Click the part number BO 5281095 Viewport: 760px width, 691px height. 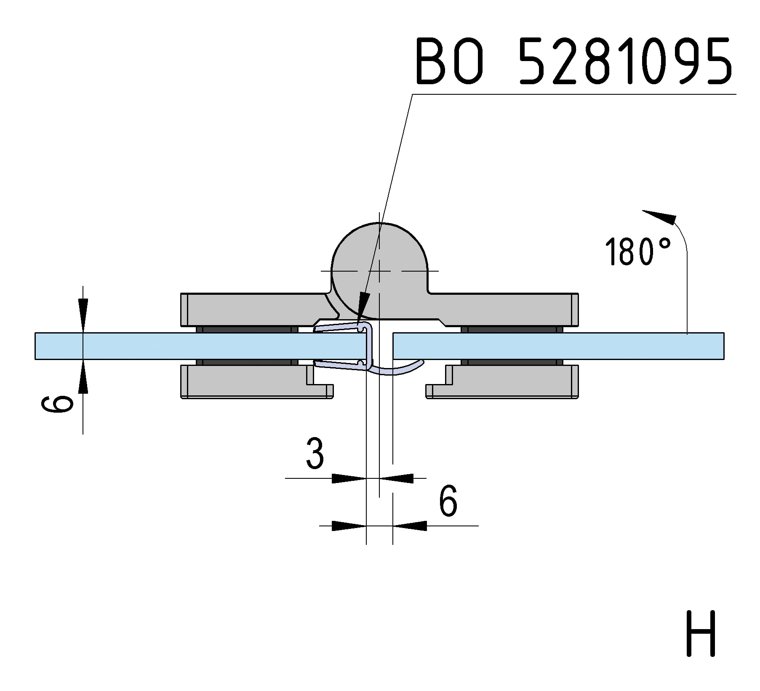574,61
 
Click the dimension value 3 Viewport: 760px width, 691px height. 315,453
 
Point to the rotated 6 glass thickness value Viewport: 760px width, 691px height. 57,404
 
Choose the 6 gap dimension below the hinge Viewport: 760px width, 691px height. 448,501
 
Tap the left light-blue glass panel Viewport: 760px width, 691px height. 200,346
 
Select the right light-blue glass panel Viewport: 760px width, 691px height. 558,346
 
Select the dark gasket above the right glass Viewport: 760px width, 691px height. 512,329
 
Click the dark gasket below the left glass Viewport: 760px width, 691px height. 247,362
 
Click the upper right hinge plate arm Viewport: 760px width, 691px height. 504,309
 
